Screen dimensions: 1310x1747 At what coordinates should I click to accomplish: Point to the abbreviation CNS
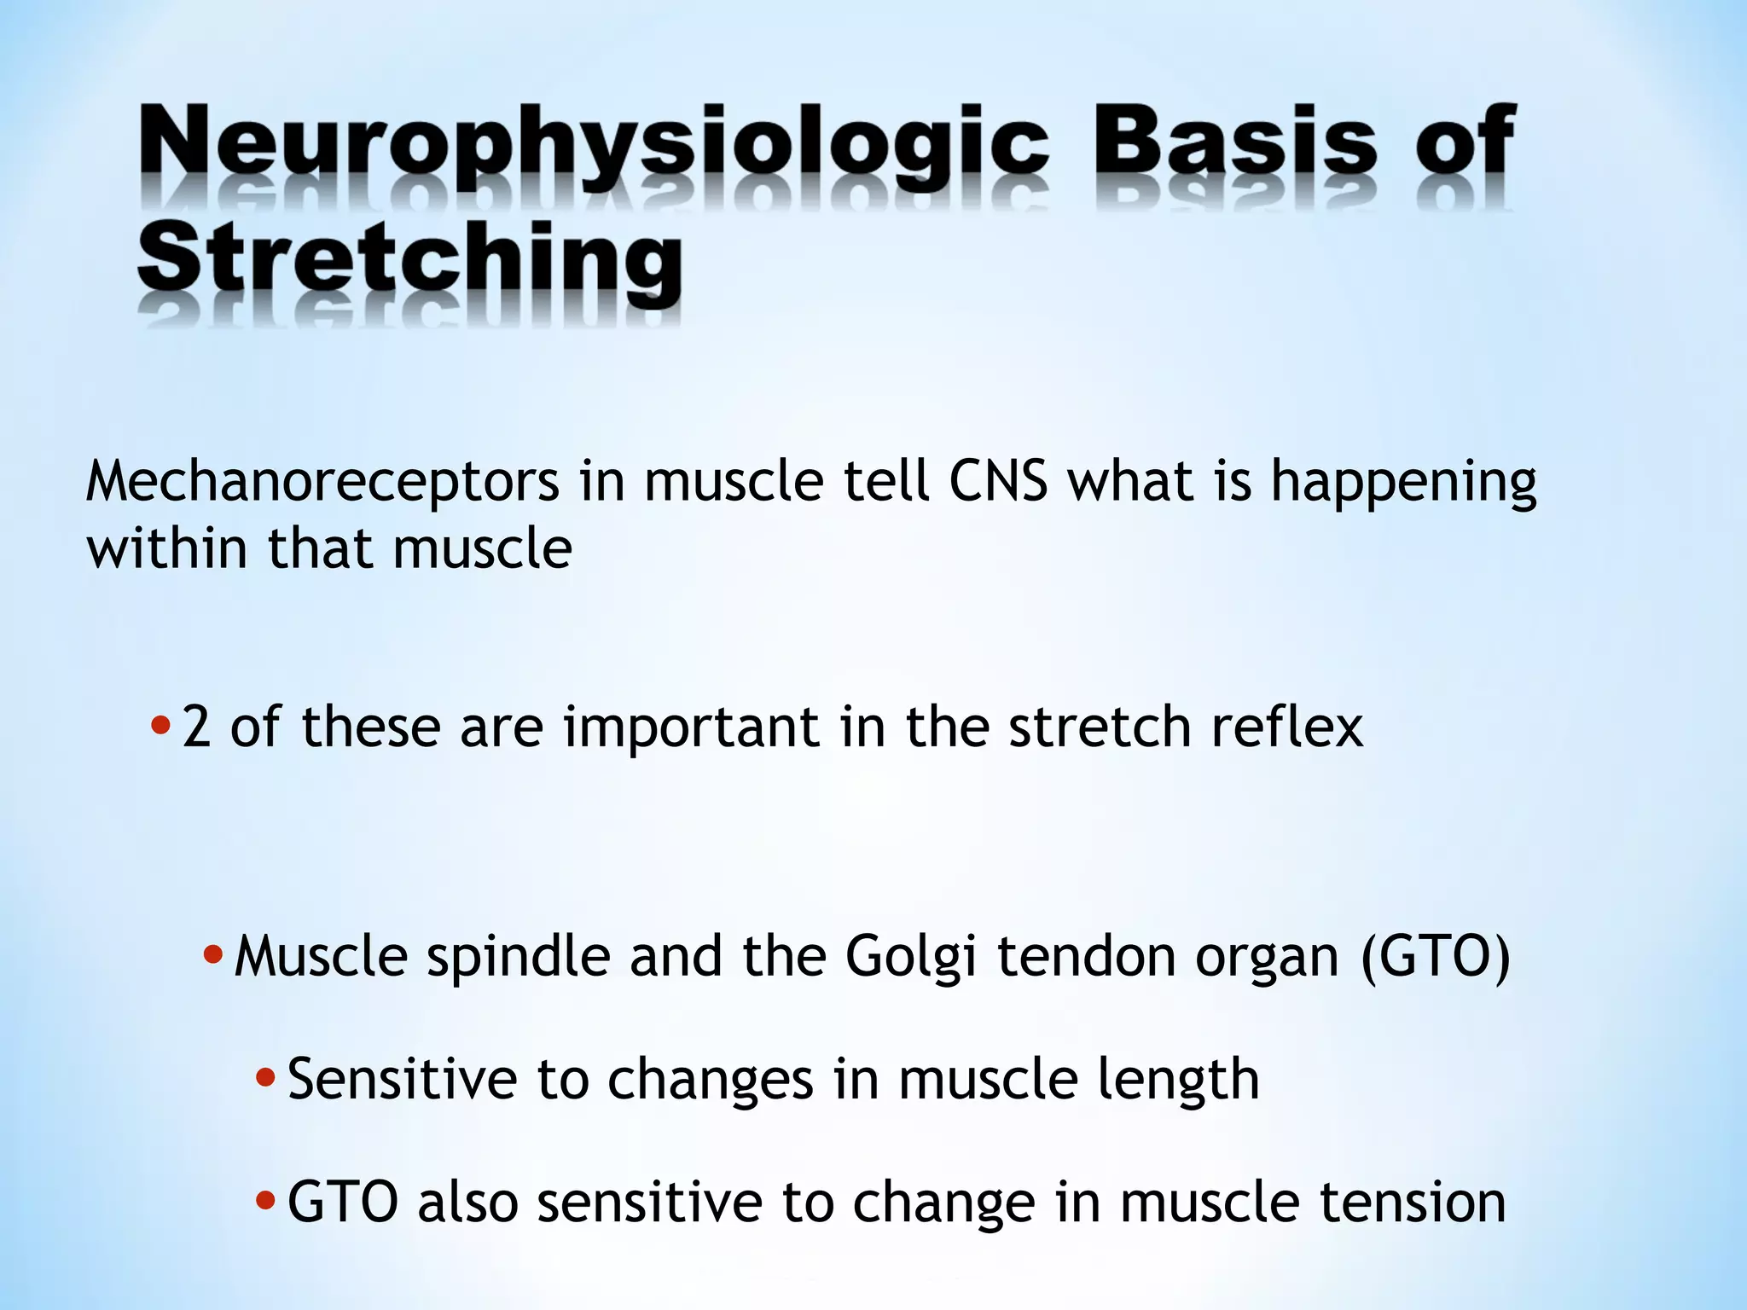(x=998, y=481)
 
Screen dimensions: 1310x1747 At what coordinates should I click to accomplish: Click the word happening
(x=1403, y=483)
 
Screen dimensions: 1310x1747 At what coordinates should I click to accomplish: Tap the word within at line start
(x=167, y=548)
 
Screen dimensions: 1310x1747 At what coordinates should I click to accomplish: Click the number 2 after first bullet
(x=196, y=727)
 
